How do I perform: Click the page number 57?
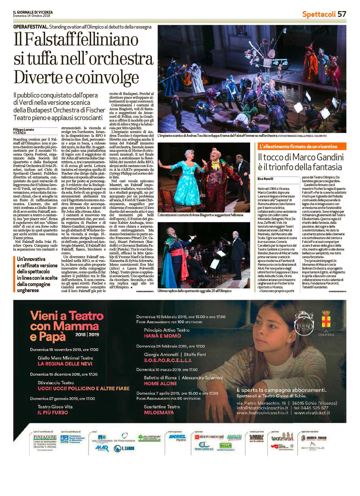[x=342, y=14]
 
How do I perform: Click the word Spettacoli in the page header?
[x=319, y=14]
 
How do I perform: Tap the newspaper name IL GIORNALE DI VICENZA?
[x=33, y=12]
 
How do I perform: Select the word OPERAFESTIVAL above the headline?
[x=31, y=27]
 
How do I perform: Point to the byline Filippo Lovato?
[x=23, y=130]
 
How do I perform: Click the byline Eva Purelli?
[x=265, y=179]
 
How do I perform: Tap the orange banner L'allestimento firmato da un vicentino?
[x=298, y=146]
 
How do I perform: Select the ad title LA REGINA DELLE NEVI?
[x=65, y=364]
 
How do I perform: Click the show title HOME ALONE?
[x=160, y=384]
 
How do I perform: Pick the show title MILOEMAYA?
[x=159, y=412]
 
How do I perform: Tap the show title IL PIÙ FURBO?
[x=53, y=412]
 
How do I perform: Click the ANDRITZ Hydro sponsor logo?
[x=177, y=438]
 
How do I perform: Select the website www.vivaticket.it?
[x=312, y=413]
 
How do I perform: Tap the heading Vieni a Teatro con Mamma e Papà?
[x=67, y=326]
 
